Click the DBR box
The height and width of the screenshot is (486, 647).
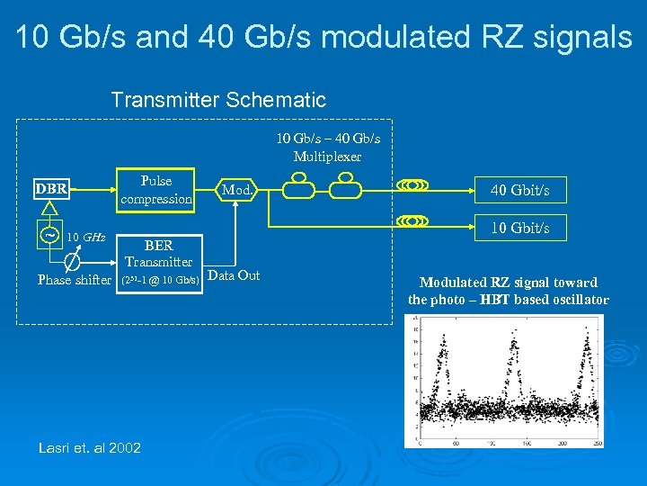pos(50,189)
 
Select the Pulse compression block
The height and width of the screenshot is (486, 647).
pos(156,190)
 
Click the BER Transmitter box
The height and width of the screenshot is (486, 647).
pos(158,253)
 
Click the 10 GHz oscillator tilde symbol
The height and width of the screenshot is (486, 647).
pos(51,236)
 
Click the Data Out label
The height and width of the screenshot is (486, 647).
pos(234,275)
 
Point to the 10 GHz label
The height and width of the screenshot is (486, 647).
pos(87,238)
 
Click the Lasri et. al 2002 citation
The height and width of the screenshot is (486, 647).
pos(90,447)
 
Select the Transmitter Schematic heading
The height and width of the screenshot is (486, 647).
pos(218,99)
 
